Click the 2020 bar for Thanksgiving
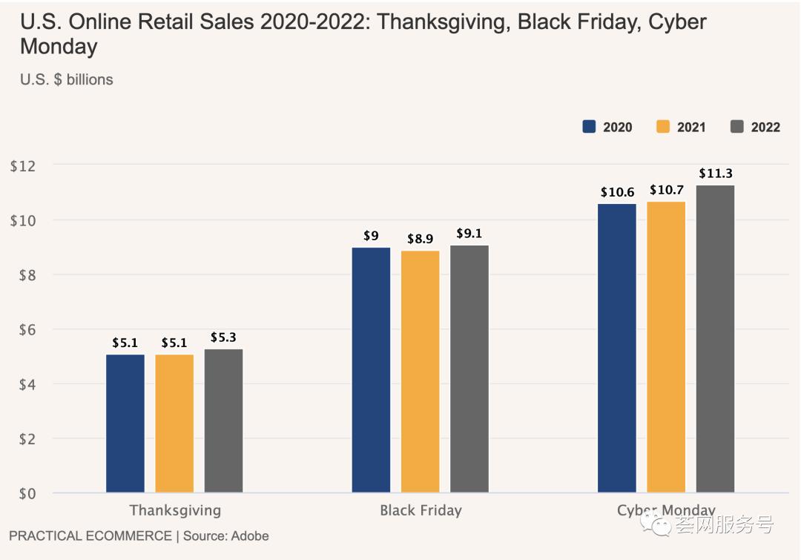coord(125,423)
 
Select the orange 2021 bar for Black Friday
coord(421,371)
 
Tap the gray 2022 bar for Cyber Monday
coord(715,338)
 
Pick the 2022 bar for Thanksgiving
coord(223,420)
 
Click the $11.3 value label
coord(716,174)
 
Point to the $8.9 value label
coord(421,239)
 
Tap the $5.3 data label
coord(223,337)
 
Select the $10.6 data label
coord(617,192)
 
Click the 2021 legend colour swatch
coord(663,127)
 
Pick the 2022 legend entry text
coord(765,128)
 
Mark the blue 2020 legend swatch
coord(590,127)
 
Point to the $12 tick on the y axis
coord(22,165)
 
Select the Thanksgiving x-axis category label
coord(175,510)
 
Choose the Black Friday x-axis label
coord(421,510)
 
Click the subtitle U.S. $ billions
coord(67,79)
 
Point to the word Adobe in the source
coord(250,536)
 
